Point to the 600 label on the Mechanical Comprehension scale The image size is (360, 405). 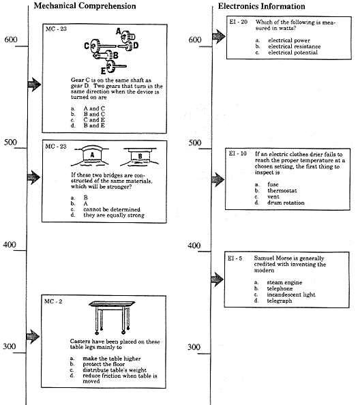pos(11,40)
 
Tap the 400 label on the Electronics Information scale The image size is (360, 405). pos(195,245)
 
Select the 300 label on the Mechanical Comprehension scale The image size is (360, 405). pos(11,347)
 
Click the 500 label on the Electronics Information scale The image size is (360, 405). pos(195,143)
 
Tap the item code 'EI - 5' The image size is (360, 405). pos(239,259)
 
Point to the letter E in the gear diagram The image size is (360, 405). pos(103,70)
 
